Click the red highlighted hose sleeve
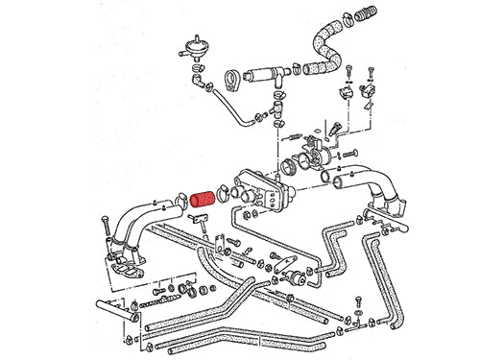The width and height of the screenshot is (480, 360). pyautogui.click(x=204, y=202)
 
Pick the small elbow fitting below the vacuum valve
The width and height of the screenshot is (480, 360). pyautogui.click(x=204, y=84)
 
